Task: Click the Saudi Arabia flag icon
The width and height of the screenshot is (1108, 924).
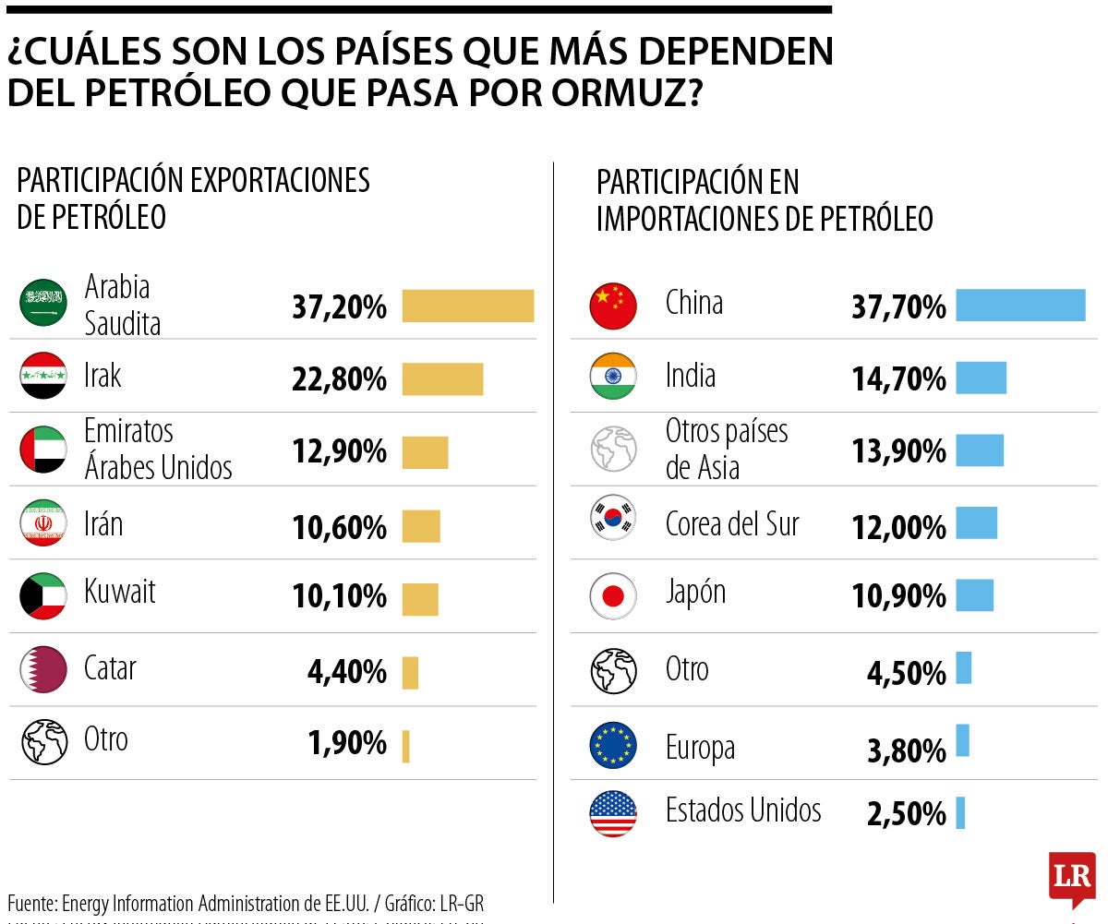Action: click(43, 302)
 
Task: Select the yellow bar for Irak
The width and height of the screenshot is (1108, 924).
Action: click(442, 379)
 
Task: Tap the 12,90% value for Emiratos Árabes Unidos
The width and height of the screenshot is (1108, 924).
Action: click(339, 452)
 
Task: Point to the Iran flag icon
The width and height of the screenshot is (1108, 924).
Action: click(43, 523)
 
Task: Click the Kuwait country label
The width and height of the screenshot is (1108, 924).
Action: click(120, 592)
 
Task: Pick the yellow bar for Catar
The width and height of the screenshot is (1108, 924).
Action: click(410, 672)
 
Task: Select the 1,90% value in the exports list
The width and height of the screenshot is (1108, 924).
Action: click(347, 743)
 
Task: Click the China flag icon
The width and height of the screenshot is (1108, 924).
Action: click(613, 306)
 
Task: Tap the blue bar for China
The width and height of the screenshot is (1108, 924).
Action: click(1020, 306)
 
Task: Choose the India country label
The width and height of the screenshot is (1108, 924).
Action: click(691, 376)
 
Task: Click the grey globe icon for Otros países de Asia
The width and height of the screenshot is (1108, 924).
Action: click(613, 450)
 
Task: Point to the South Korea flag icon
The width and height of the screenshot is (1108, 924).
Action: click(613, 518)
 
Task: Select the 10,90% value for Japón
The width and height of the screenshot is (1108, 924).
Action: click(898, 597)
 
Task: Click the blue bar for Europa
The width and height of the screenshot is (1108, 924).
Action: click(962, 740)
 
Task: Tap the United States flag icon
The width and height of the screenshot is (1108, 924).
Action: click(613, 813)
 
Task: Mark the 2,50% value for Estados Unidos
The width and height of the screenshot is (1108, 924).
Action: click(907, 815)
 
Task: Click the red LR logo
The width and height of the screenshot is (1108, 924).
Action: click(1072, 876)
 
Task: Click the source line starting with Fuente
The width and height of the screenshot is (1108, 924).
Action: click(246, 903)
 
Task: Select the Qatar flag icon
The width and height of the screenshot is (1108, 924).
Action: click(43, 669)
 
